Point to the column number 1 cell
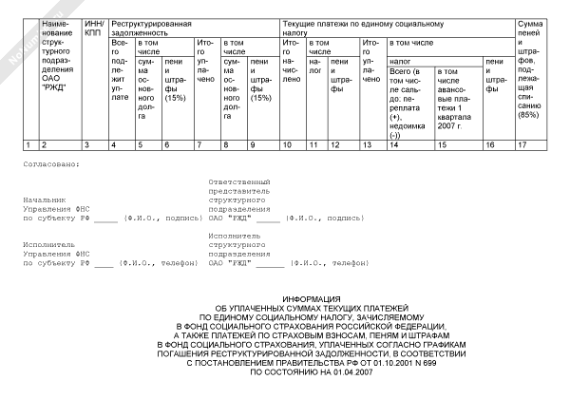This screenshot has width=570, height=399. point(28,144)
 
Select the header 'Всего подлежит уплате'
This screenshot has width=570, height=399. point(121,70)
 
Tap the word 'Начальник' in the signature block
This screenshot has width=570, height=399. point(43,201)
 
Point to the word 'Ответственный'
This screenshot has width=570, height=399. point(237,180)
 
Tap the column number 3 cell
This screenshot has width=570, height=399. point(86,144)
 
